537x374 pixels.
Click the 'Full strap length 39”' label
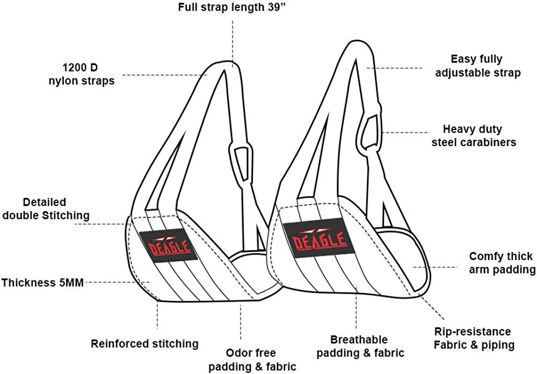pyautogui.click(x=232, y=9)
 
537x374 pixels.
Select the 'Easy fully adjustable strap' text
pyautogui.click(x=477, y=66)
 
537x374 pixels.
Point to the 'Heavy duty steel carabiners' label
pyautogui.click(x=480, y=136)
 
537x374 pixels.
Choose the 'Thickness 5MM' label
pyautogui.click(x=42, y=282)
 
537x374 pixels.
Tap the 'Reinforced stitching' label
pyautogui.click(x=144, y=343)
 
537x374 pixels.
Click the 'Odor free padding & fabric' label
pyautogui.click(x=252, y=359)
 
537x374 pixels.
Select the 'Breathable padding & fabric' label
pyautogui.click(x=359, y=346)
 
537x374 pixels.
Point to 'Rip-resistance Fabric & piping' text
pyautogui.click(x=474, y=339)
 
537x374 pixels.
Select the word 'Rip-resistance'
pyautogui.click(x=473, y=332)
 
